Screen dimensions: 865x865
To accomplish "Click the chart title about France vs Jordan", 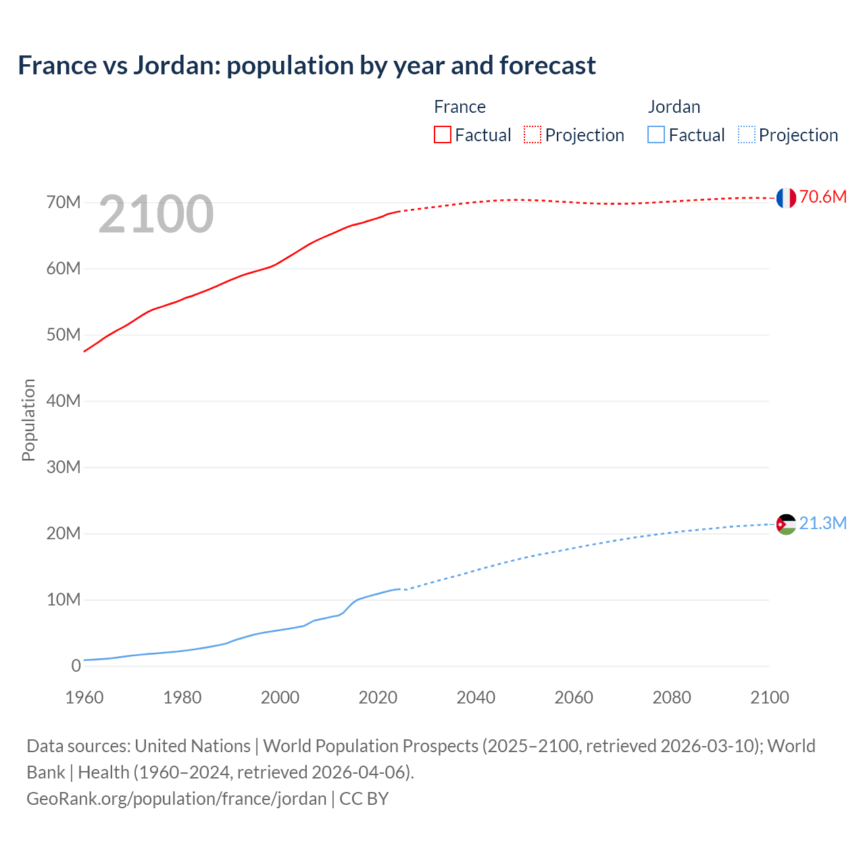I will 307,66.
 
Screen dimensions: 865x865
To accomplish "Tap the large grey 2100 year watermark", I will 156,214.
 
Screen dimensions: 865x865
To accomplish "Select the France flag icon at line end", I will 786,197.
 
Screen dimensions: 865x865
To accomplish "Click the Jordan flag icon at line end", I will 786,524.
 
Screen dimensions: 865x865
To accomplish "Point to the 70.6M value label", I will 822,197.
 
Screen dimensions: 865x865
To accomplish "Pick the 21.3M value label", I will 822,524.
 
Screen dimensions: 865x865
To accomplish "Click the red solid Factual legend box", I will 443,135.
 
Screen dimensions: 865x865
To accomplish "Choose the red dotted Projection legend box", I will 533,135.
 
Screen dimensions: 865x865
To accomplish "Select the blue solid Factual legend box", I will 656,135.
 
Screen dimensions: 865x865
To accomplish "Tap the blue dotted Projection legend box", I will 747,135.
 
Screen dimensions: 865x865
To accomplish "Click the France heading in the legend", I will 460,107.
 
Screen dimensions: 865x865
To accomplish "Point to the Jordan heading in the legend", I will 674,107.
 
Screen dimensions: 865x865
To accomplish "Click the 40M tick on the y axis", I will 64,401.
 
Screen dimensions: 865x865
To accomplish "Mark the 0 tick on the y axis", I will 76,666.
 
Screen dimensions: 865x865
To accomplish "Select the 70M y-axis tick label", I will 64,203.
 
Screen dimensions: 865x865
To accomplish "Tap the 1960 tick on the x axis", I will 84,697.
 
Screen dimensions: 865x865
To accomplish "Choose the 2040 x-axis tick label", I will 476,697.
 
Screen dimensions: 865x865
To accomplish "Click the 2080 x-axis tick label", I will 672,697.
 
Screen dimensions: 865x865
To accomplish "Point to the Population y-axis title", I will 28,420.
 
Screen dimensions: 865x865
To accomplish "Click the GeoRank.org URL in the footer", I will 176,799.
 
